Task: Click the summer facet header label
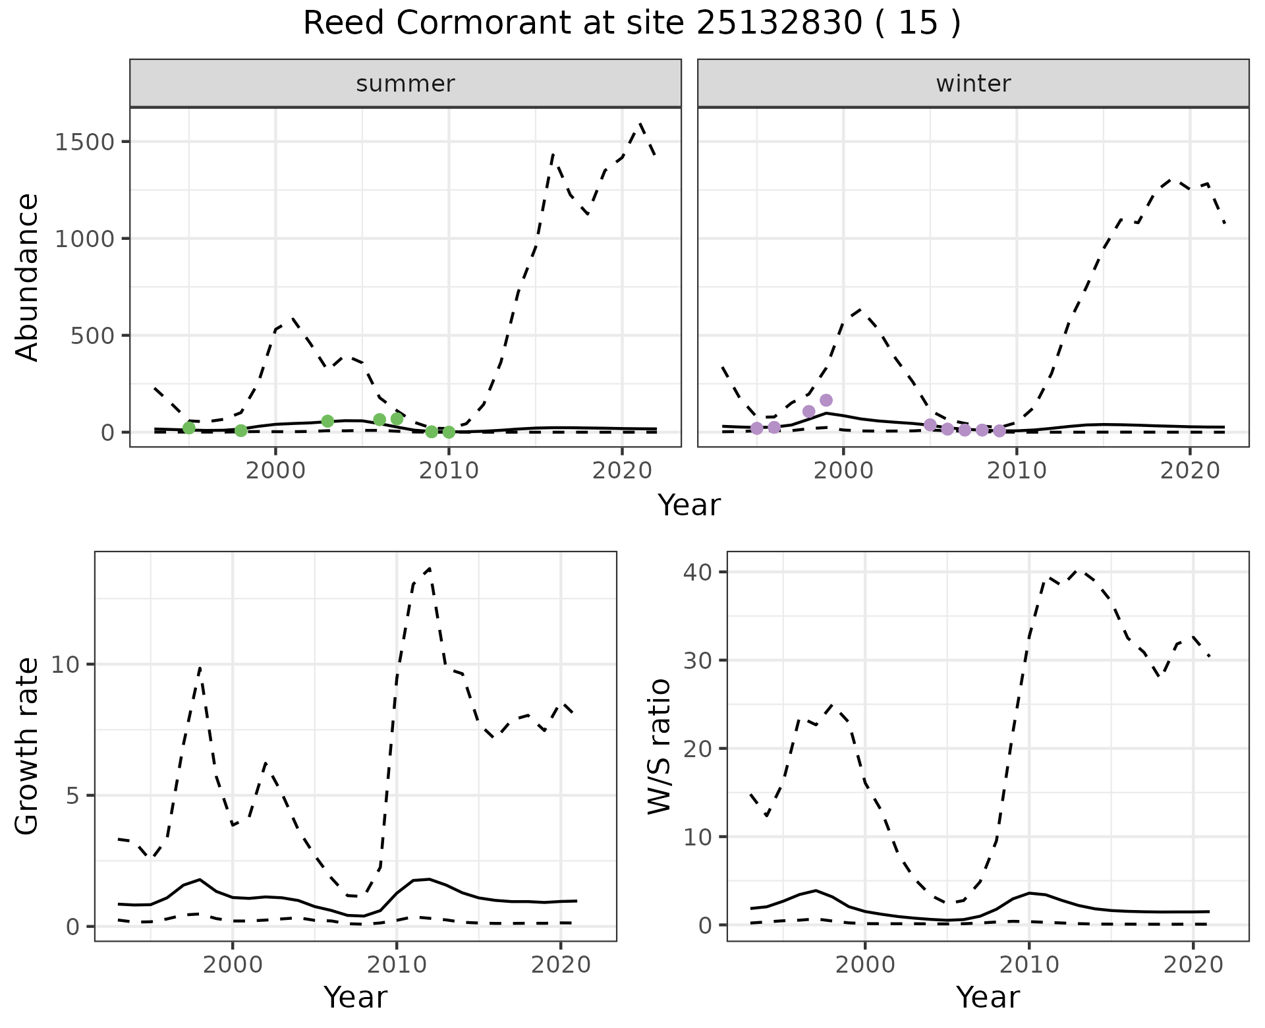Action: [x=405, y=84]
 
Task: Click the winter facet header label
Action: [x=973, y=84]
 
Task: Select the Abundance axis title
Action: [x=28, y=277]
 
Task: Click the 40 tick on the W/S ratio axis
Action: [x=698, y=572]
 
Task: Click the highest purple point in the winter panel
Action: [x=826, y=400]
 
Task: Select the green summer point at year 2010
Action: [x=449, y=432]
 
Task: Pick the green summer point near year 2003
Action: [x=327, y=421]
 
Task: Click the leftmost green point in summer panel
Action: [x=189, y=428]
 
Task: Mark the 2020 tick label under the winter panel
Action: [x=1190, y=471]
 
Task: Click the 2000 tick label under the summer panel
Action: [x=275, y=471]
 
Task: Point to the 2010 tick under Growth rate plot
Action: [x=396, y=965]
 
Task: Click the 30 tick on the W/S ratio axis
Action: [x=698, y=660]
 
